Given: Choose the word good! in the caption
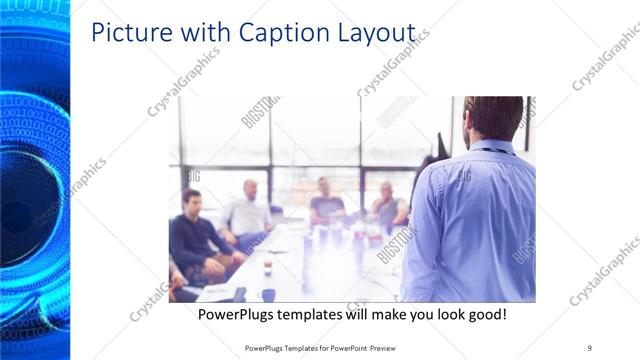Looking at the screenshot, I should point(484,314).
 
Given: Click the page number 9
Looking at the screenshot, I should point(590,348).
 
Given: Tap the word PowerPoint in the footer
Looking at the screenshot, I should point(347,348).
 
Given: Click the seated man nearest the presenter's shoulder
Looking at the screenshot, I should point(388,207).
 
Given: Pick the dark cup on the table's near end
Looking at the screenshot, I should point(268,294).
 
